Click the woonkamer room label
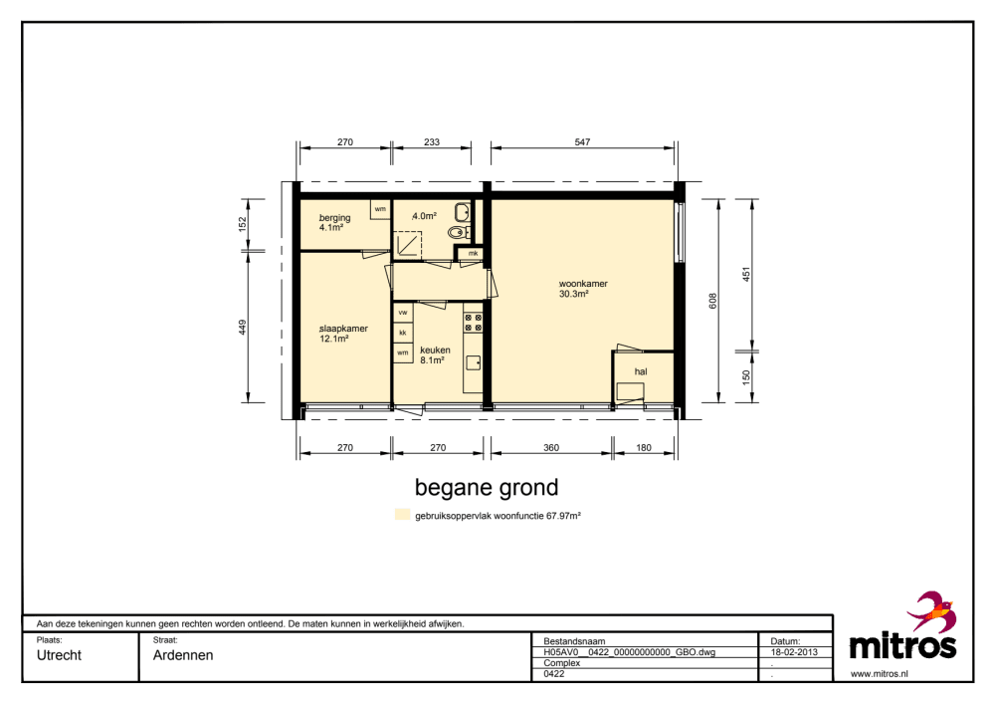point(583,284)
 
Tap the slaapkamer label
point(343,329)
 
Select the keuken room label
point(435,350)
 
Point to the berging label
point(334,218)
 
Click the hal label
point(641,371)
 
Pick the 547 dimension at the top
point(582,142)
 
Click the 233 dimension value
point(432,142)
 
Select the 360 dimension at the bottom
point(551,448)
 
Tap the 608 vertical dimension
point(712,301)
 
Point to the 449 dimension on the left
point(243,327)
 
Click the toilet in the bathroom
point(459,232)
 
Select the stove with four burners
point(473,323)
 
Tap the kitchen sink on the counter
point(474,362)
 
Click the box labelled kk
point(403,333)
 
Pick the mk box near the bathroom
point(472,253)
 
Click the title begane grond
point(487,487)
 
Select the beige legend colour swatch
point(402,515)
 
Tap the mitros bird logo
point(931,611)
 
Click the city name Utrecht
point(59,655)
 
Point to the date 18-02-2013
point(794,652)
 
